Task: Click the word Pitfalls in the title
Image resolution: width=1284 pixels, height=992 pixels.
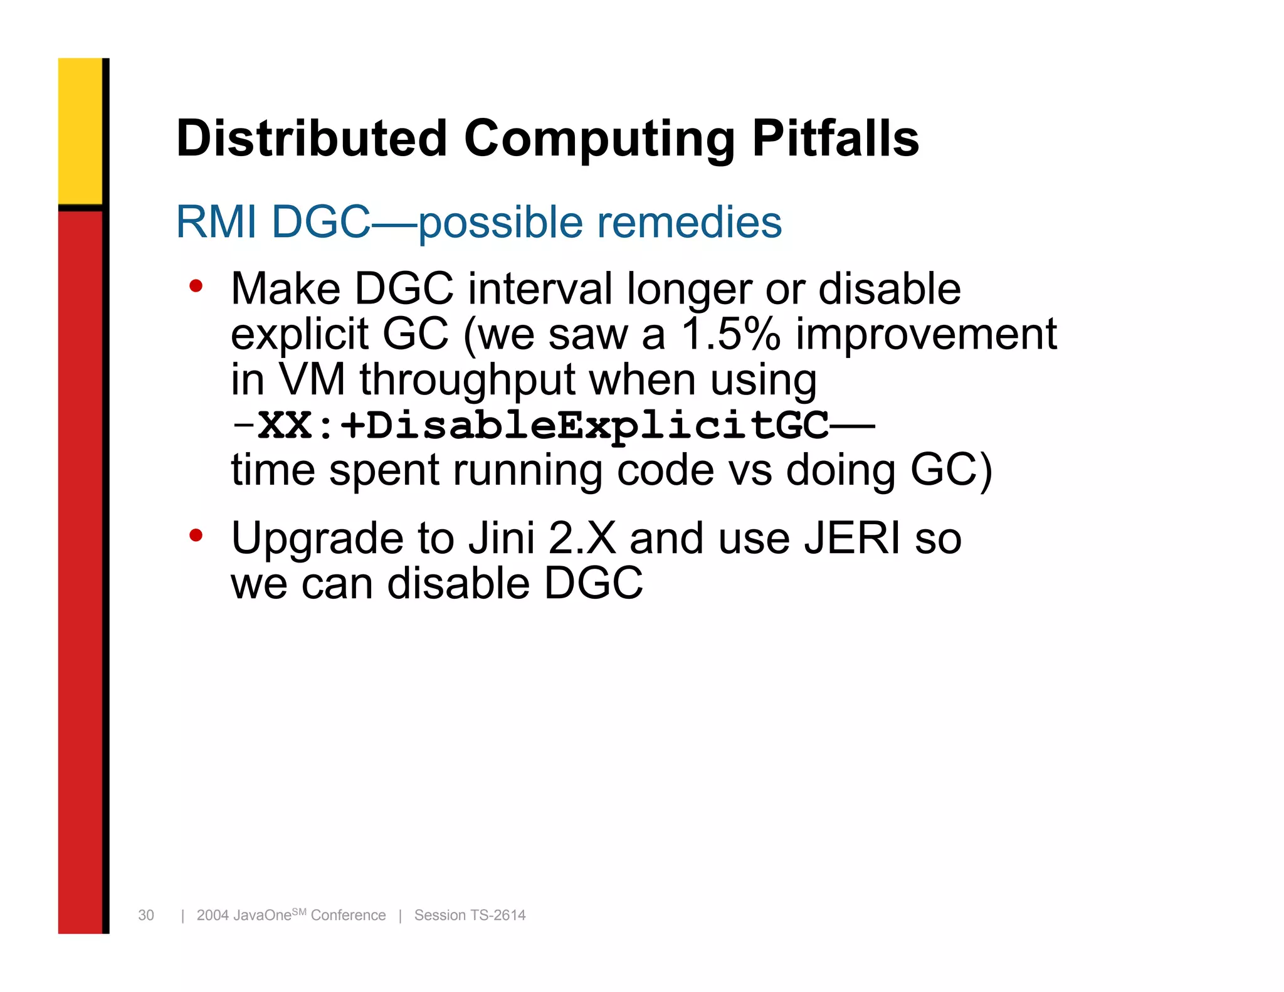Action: [x=835, y=139]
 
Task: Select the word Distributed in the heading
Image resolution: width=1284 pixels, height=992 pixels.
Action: [x=312, y=139]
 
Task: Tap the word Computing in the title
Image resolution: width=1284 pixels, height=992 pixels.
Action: [x=599, y=139]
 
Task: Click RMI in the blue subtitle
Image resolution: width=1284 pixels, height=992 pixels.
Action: [x=216, y=222]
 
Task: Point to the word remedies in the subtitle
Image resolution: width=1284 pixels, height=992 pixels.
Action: [x=689, y=222]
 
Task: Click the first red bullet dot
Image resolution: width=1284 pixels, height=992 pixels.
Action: [x=196, y=287]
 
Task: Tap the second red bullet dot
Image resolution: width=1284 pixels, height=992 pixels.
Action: [x=196, y=536]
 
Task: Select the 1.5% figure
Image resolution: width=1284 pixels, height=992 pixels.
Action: [x=731, y=334]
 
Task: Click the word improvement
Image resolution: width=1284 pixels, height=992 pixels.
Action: [x=926, y=334]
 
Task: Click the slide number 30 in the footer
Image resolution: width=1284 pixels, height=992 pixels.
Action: [x=146, y=915]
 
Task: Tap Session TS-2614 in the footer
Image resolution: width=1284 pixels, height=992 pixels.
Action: [x=470, y=915]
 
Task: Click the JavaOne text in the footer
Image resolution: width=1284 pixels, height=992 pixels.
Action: [x=262, y=915]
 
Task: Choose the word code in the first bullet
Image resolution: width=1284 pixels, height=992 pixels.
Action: [x=665, y=470]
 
